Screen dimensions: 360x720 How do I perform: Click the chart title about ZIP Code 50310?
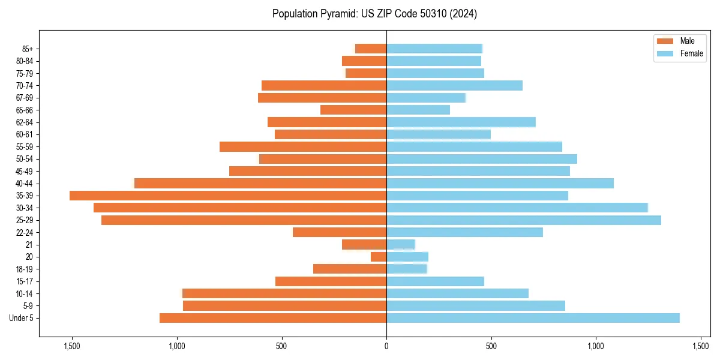(x=374, y=14)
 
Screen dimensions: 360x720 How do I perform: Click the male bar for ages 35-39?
(x=228, y=196)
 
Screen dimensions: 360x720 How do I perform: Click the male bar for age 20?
(x=379, y=257)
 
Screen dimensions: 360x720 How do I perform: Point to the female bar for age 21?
(x=401, y=245)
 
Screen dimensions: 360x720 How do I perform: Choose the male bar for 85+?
(x=371, y=49)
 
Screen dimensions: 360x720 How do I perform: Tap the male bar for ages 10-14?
(x=284, y=293)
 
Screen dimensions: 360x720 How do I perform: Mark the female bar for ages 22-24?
(x=464, y=232)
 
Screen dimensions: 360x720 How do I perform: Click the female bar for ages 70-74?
(x=454, y=85)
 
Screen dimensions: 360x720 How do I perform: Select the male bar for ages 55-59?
(x=303, y=146)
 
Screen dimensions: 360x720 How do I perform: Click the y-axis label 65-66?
(x=25, y=110)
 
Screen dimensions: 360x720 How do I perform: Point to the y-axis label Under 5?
(x=22, y=318)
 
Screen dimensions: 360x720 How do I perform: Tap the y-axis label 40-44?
(x=25, y=184)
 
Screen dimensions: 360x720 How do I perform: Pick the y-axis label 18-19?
(x=25, y=269)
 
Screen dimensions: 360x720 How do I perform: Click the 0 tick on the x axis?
(x=386, y=346)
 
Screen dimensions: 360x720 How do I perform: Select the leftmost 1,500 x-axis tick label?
(x=71, y=346)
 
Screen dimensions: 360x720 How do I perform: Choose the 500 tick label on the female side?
(x=491, y=346)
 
